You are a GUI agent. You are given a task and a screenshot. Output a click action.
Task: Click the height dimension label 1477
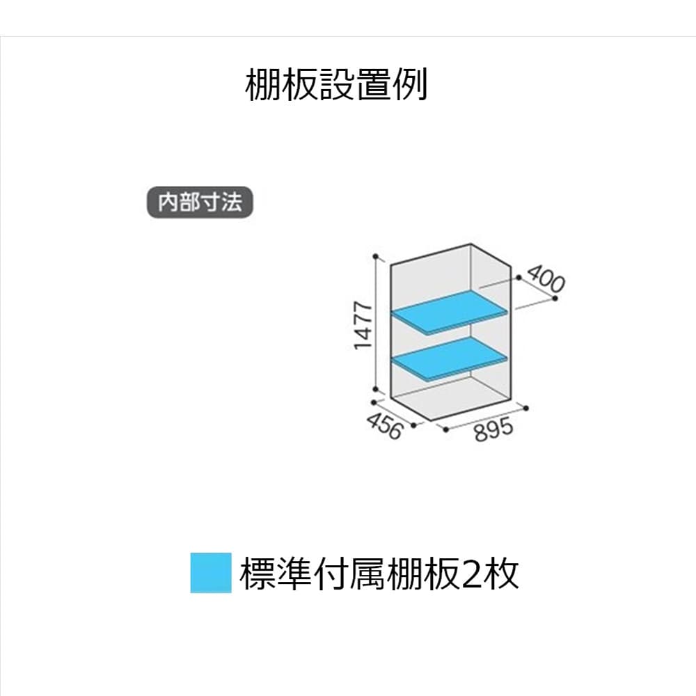pyautogui.click(x=363, y=326)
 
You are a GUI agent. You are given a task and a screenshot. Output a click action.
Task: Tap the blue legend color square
pyautogui.click(x=211, y=573)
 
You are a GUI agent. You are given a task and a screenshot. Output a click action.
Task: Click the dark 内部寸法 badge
pyautogui.click(x=200, y=203)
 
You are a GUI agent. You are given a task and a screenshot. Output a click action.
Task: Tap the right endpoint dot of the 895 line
pyautogui.click(x=527, y=408)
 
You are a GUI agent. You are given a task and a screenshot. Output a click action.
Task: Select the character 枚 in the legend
pyautogui.click(x=503, y=575)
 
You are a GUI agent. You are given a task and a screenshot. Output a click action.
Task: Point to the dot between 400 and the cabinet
pyautogui.click(x=519, y=278)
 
